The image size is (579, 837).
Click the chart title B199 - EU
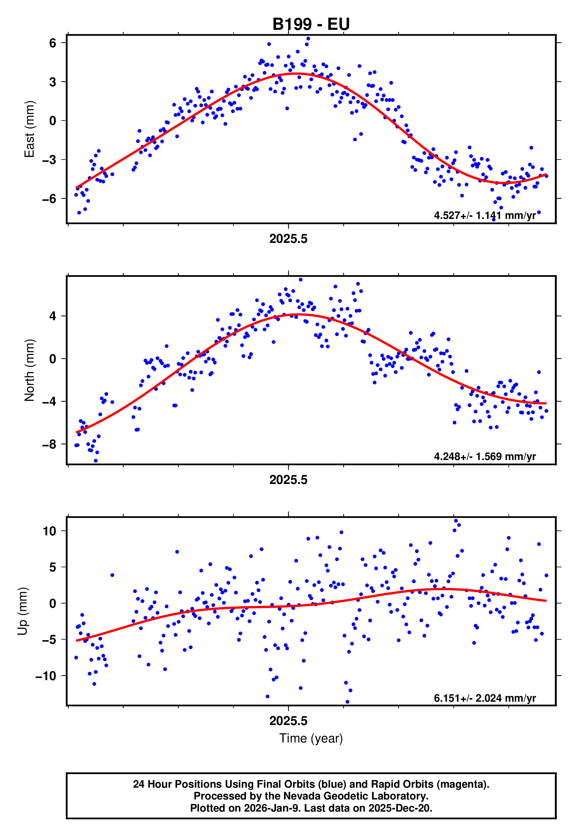coord(311,24)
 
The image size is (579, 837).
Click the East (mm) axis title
coord(30,129)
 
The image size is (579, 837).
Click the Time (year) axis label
coord(311,738)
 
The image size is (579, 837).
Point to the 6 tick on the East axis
coord(53,43)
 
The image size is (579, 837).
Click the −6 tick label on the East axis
coord(49,199)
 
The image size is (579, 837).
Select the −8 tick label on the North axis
coord(49,444)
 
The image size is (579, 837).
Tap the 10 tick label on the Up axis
coord(49,531)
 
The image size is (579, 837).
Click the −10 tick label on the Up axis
coord(46,676)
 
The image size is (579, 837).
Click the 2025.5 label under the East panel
coord(288,239)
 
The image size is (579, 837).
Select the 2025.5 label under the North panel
coord(288,480)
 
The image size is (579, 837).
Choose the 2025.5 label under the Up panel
coord(288,721)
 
